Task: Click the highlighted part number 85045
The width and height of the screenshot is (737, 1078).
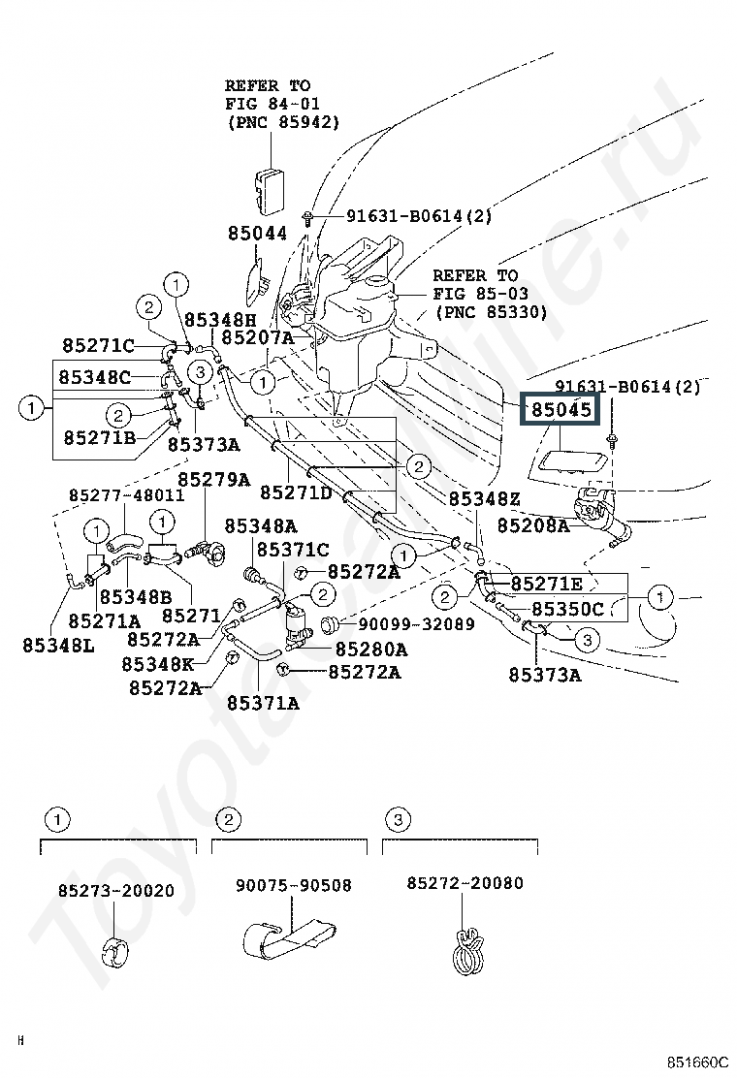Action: (x=560, y=410)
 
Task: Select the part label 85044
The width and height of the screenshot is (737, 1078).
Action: (x=258, y=234)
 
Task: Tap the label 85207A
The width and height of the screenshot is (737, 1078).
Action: (x=257, y=337)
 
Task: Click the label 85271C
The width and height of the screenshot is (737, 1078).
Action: (x=98, y=345)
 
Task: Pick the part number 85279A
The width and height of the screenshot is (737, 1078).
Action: (x=213, y=479)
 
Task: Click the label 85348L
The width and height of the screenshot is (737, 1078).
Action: (x=58, y=643)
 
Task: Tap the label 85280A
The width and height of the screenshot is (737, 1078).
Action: (x=371, y=649)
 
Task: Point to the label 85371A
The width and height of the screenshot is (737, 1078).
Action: (x=263, y=703)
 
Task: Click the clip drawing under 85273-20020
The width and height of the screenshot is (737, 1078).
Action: (x=117, y=951)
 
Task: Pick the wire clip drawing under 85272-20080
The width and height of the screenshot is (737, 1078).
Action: (x=465, y=946)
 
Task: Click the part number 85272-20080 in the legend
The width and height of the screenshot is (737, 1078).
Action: (x=465, y=883)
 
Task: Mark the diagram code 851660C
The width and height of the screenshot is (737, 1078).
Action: (x=696, y=1061)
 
